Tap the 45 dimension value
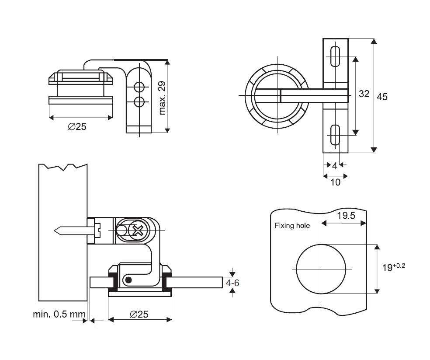click(382, 97)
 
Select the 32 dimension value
click(364, 94)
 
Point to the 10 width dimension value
click(335, 182)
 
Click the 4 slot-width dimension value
click(335, 166)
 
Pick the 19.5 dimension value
click(346, 215)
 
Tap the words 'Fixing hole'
click(292, 226)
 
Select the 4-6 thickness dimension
click(232, 283)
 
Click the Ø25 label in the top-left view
click(77, 127)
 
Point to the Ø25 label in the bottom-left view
click(139, 314)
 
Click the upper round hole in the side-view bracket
click(139, 86)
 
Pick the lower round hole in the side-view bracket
click(139, 102)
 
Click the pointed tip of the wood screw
click(54, 230)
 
